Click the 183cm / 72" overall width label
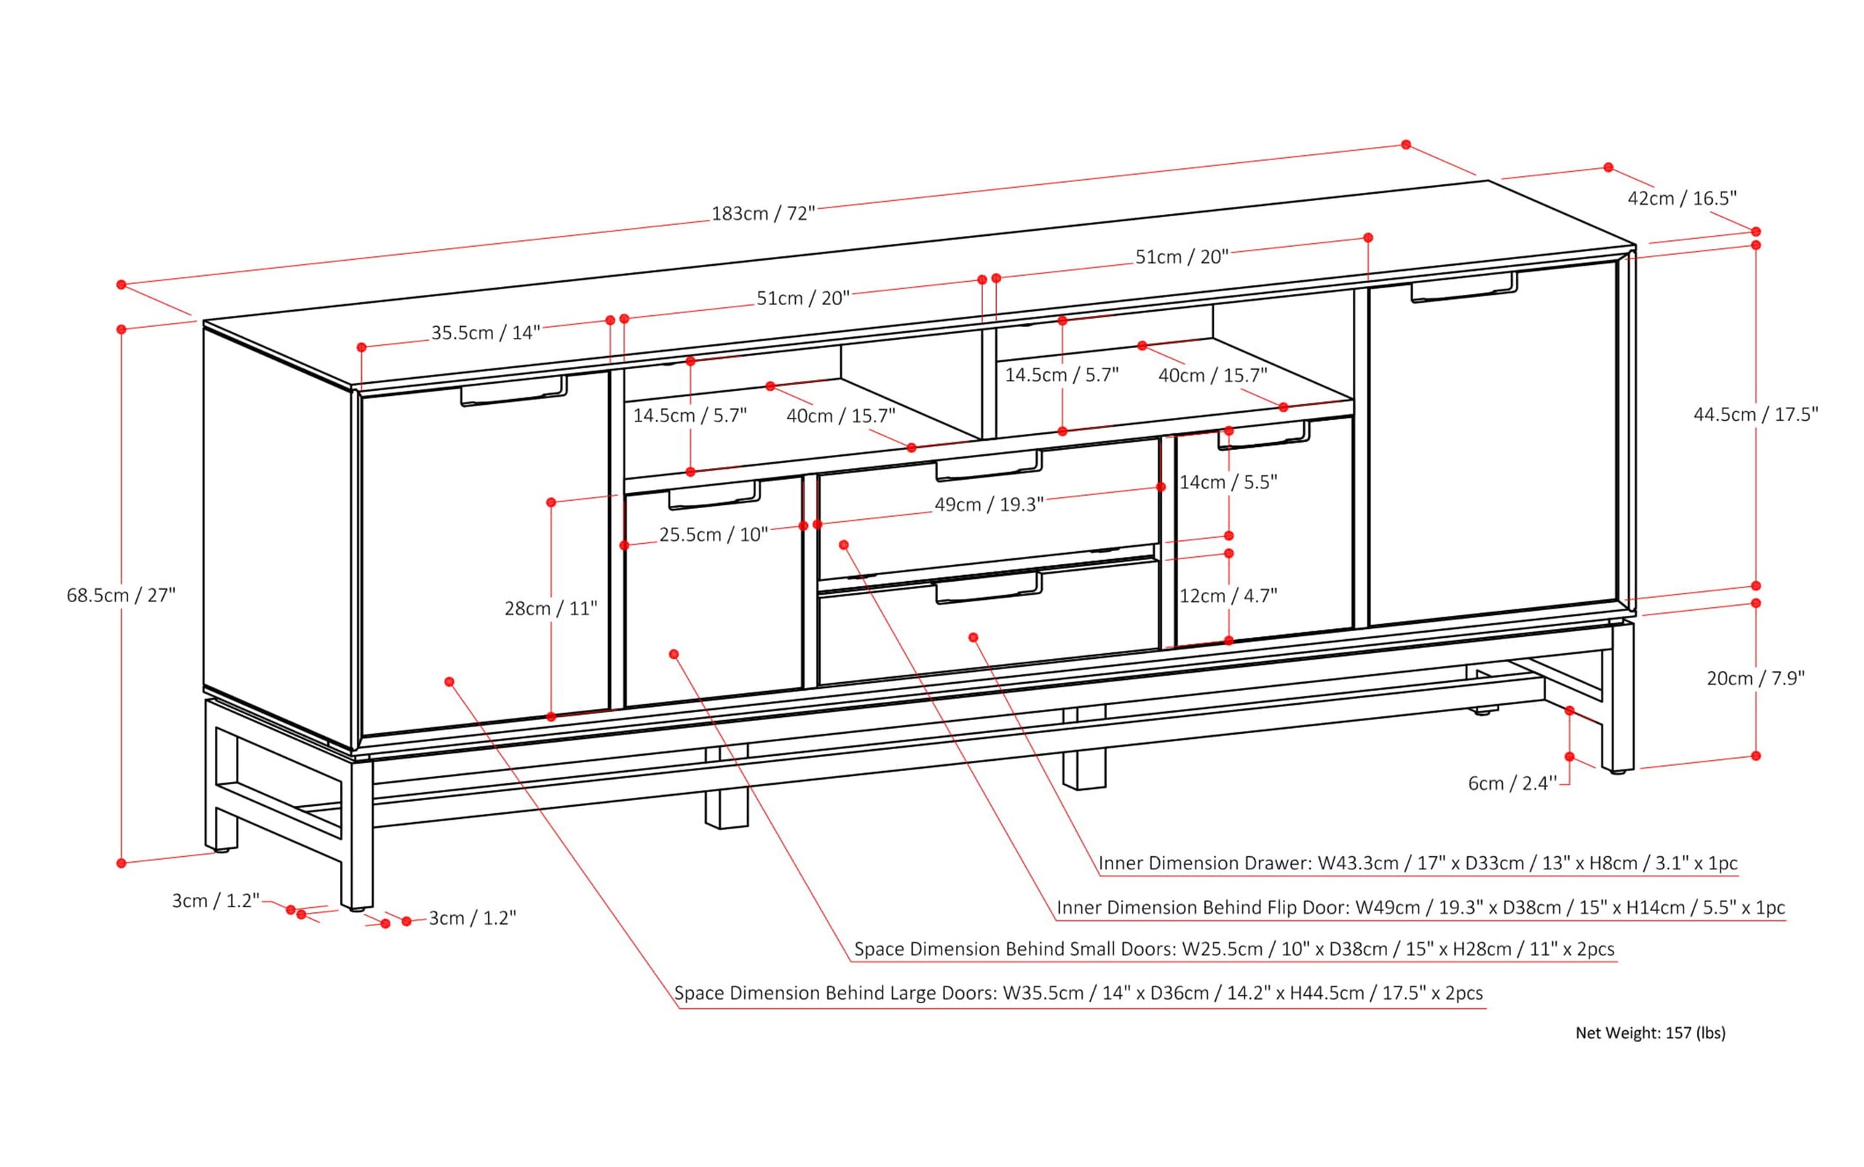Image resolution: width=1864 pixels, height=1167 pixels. [x=762, y=214]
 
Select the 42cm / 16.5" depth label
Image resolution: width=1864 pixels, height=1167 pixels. [x=1681, y=198]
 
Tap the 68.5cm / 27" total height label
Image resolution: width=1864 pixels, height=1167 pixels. [x=121, y=595]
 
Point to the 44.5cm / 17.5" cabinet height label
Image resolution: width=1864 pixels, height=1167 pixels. [x=1756, y=414]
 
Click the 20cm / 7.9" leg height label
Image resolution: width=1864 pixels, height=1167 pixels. [x=1756, y=679]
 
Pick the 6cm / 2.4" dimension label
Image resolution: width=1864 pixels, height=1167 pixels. [x=1512, y=783]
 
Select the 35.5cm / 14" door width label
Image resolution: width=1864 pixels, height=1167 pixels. [x=485, y=333]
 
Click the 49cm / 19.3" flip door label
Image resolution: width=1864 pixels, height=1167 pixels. [x=989, y=505]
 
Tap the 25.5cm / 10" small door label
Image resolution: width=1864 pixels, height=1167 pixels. [x=713, y=535]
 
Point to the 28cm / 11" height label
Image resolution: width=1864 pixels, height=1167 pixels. [x=551, y=609]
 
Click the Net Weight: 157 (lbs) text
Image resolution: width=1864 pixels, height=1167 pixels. [x=1650, y=1033]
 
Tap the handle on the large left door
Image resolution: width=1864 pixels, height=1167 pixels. [x=514, y=392]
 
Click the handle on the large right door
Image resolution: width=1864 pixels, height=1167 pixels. [x=1464, y=287]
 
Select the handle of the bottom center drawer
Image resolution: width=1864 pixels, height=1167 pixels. [x=989, y=588]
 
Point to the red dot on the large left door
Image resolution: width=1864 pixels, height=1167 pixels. [x=449, y=681]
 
